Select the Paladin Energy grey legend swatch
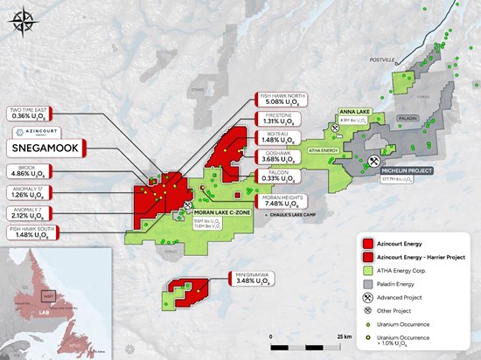point(373,284)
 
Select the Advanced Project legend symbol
point(373,297)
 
